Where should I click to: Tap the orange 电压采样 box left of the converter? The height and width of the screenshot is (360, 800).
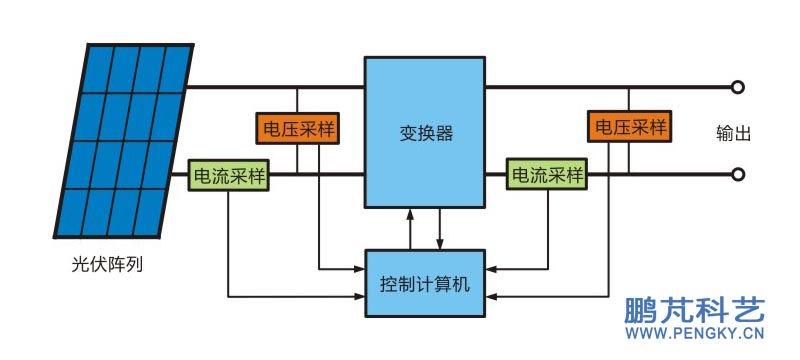click(297, 130)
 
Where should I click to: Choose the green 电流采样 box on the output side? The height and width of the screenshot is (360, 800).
click(547, 176)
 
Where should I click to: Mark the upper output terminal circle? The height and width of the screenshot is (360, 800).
click(738, 87)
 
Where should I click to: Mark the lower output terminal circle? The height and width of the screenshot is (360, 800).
click(738, 175)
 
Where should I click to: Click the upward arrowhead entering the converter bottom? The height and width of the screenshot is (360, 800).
click(409, 213)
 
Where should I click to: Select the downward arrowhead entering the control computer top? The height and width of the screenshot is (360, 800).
click(440, 244)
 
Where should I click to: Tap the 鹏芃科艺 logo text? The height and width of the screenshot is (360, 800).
click(695, 311)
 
